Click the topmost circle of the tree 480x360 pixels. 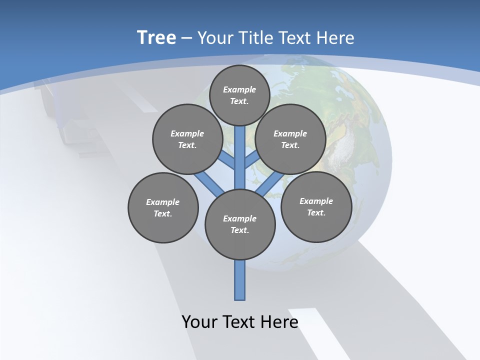[x=239, y=95]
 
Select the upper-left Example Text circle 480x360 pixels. [x=187, y=139]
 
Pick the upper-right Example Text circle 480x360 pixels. [x=290, y=139]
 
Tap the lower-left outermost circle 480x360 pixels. [x=163, y=207]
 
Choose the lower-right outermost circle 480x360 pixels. [x=316, y=206]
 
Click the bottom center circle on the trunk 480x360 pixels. [x=240, y=224]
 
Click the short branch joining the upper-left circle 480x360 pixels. [x=228, y=161]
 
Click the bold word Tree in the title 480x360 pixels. [x=156, y=37]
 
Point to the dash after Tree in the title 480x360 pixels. [x=186, y=38]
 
